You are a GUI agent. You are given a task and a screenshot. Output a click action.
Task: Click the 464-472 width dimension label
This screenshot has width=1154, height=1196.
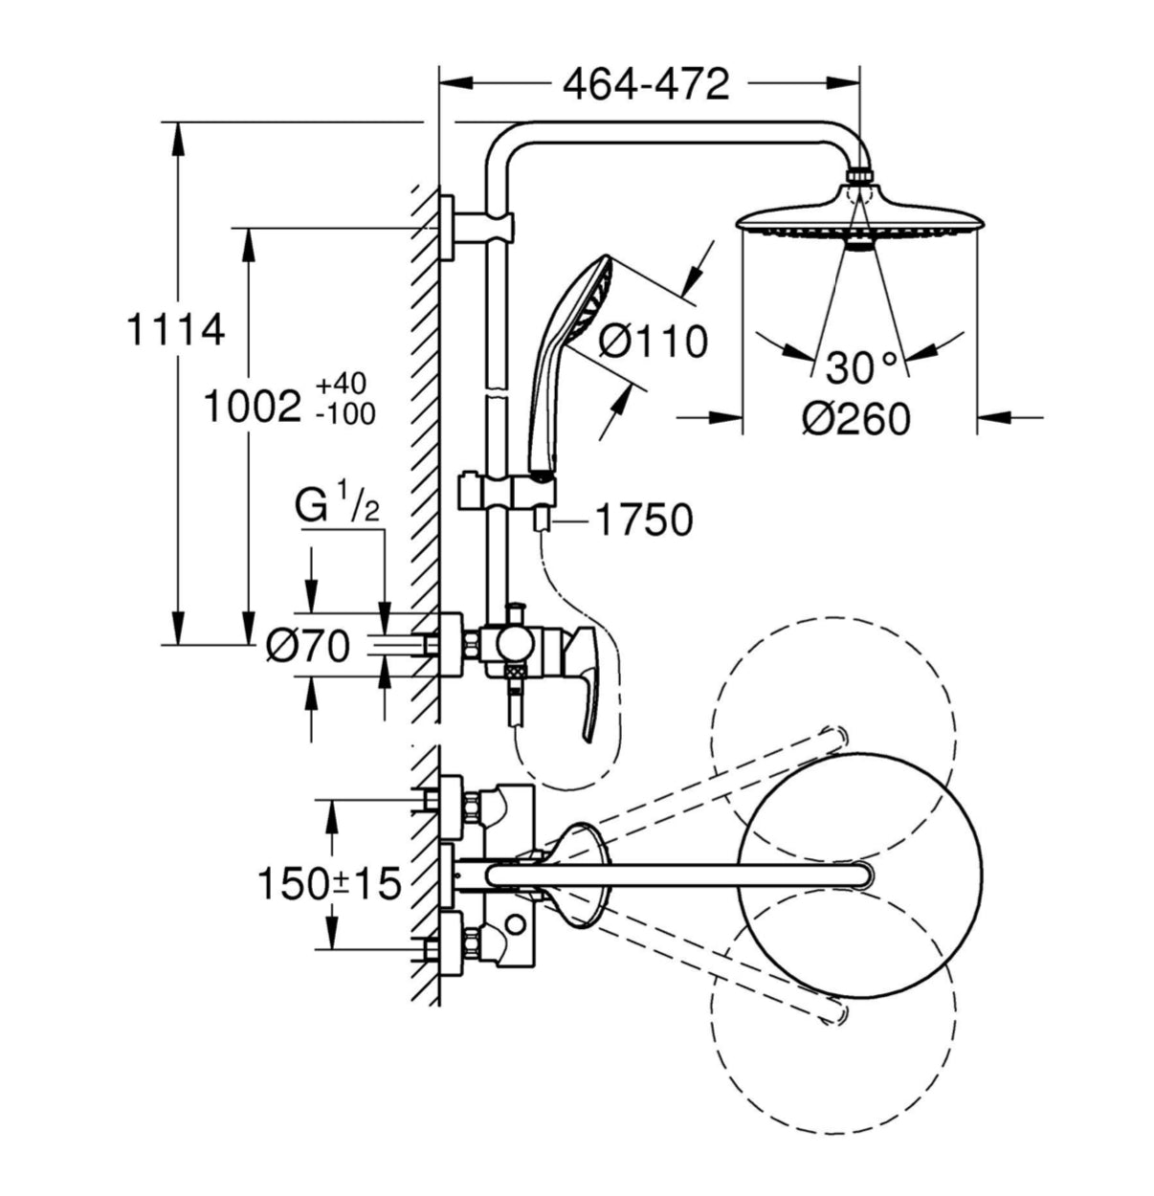point(646,85)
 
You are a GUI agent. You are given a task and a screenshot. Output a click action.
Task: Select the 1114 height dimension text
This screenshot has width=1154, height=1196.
point(176,330)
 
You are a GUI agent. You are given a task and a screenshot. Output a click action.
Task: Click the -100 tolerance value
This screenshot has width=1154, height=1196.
point(344,415)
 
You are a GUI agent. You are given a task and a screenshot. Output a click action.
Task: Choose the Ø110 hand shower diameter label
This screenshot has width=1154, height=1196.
point(655,341)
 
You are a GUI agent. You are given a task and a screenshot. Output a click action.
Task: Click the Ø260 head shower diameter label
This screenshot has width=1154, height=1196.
point(856,418)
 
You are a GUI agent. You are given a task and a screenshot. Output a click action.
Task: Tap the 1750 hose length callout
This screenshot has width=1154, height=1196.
point(644,520)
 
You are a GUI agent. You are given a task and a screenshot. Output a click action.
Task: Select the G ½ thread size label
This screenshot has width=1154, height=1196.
point(339,507)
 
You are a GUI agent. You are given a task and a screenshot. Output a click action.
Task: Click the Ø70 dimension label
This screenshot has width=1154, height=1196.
point(308,648)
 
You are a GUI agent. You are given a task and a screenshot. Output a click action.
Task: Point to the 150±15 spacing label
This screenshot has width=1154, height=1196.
point(328,883)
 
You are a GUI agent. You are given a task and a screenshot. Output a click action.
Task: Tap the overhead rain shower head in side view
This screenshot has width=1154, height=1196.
point(857,218)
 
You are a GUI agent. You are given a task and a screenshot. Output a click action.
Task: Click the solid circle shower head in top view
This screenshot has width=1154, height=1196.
point(861,875)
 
